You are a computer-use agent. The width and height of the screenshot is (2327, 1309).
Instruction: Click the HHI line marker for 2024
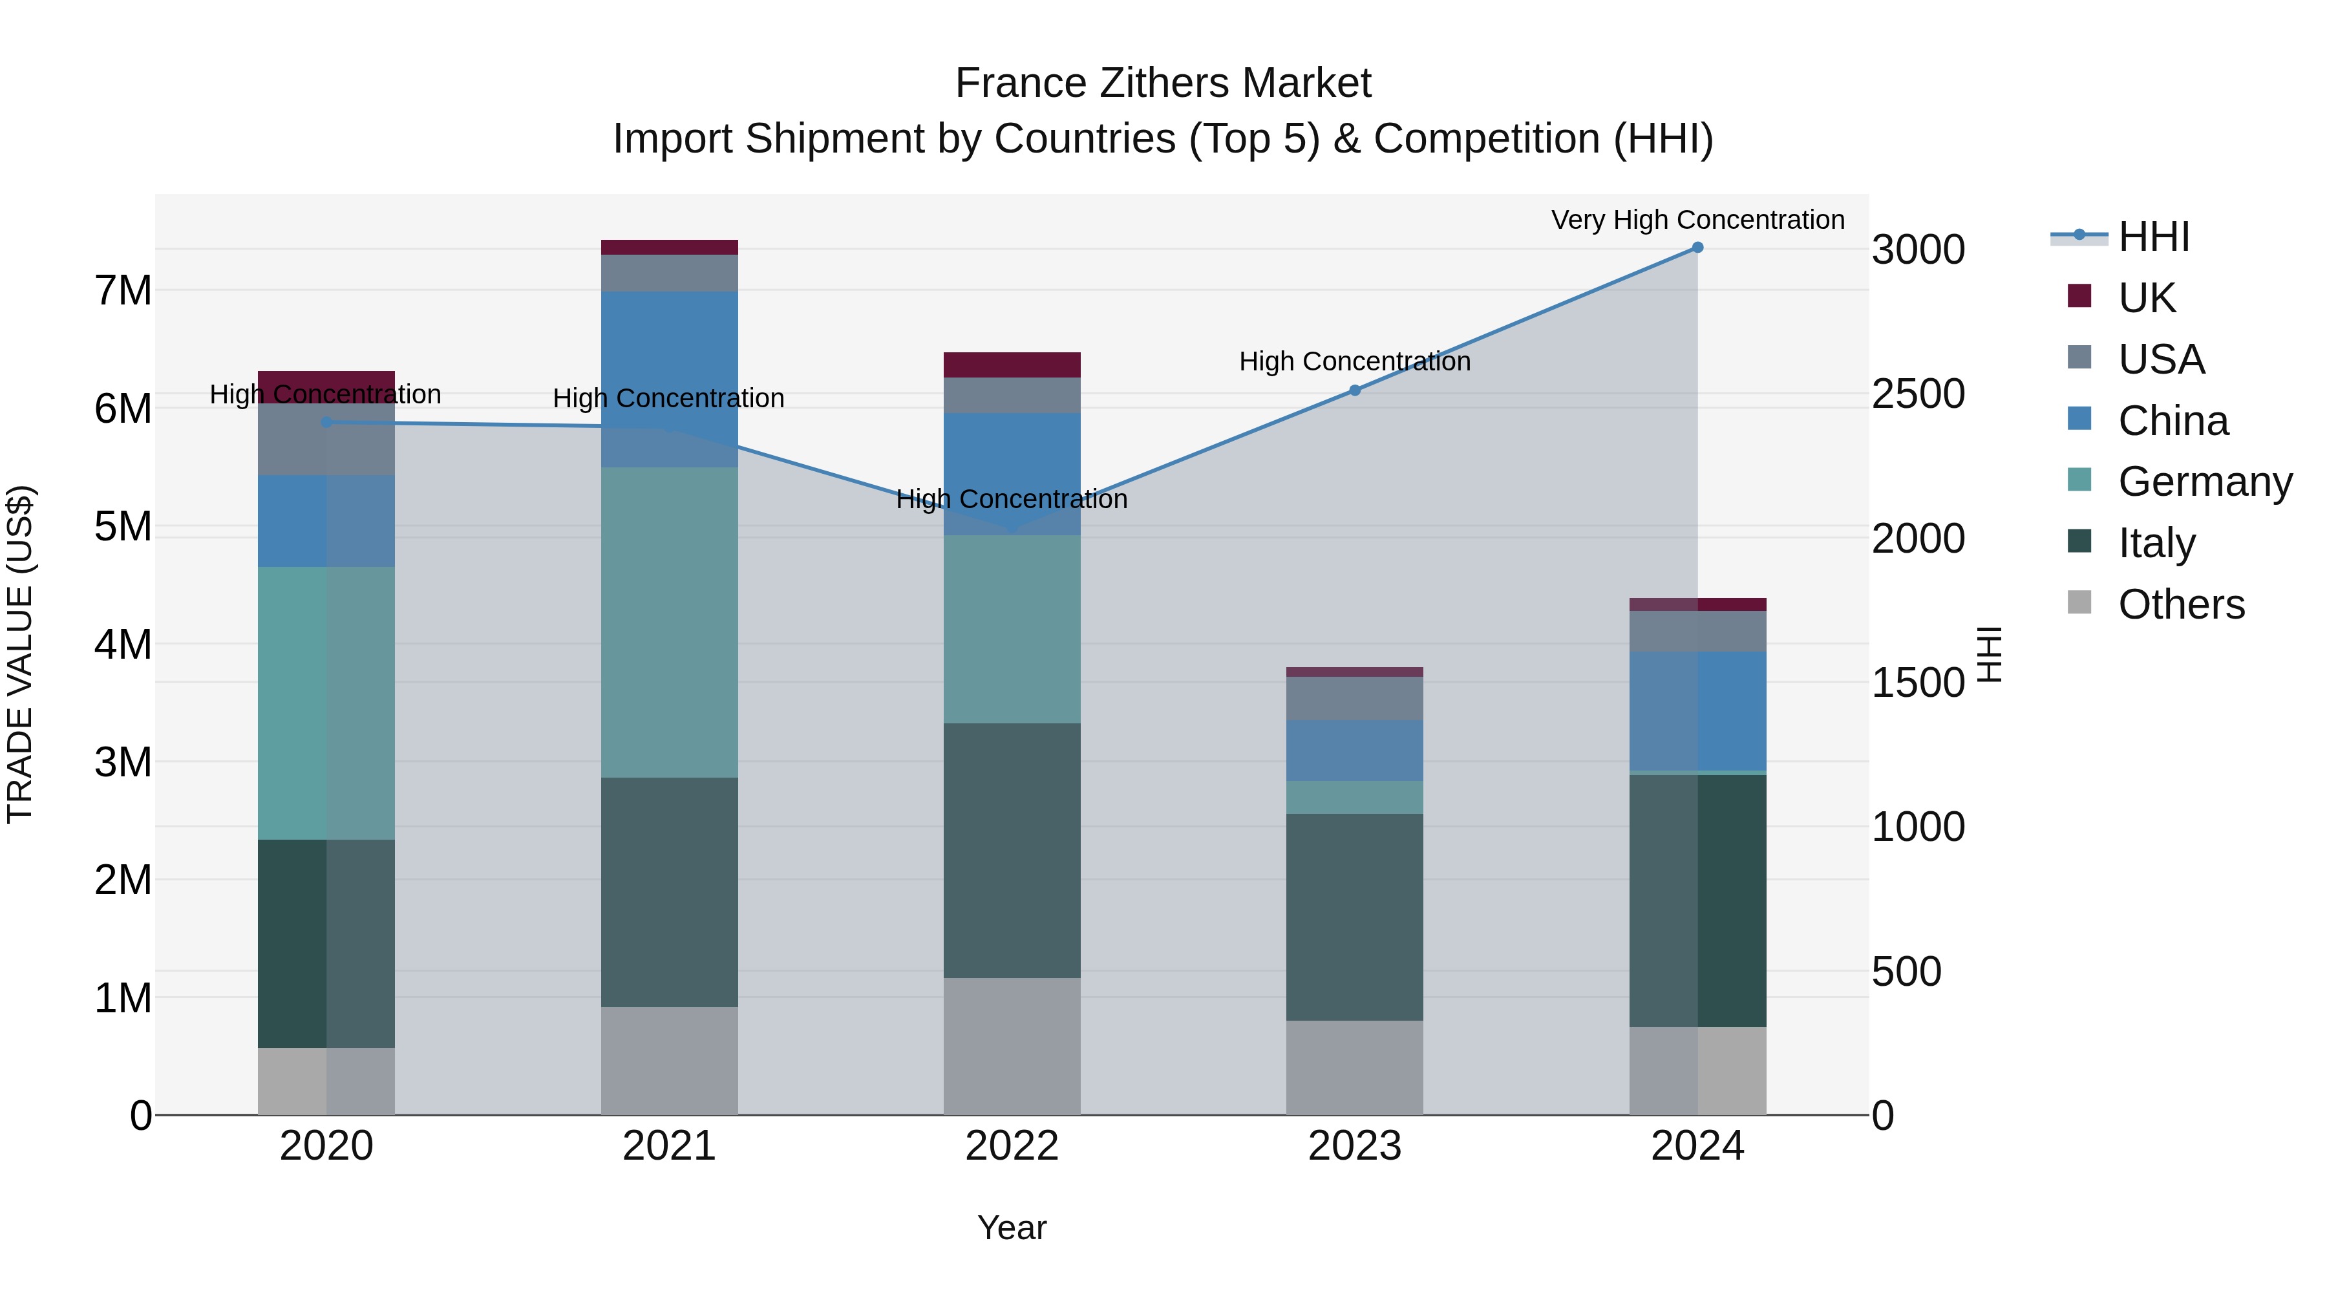click(x=1697, y=248)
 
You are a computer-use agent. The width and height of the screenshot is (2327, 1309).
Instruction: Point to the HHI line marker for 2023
click(x=1354, y=390)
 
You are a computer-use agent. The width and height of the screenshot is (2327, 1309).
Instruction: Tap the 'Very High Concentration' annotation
click(x=1697, y=220)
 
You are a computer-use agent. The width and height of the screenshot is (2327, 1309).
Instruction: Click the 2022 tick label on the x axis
click(x=1012, y=1146)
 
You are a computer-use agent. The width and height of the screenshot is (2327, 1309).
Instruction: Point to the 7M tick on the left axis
click(x=123, y=291)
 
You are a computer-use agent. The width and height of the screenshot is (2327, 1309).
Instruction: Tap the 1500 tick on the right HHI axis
click(x=1918, y=683)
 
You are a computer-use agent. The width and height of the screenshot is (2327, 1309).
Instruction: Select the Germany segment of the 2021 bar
click(x=670, y=623)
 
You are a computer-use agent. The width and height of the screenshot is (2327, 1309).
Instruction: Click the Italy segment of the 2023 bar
click(x=1354, y=917)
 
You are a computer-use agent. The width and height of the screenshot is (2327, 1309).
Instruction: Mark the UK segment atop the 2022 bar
click(x=1012, y=365)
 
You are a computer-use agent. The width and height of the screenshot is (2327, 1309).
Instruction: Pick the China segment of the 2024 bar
click(x=1697, y=711)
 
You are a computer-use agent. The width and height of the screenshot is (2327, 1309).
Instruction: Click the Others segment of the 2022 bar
click(x=1012, y=1046)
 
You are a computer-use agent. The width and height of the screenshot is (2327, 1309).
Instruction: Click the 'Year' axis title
click(x=1012, y=1228)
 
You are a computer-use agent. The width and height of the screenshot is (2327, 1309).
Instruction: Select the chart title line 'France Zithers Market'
click(x=1163, y=83)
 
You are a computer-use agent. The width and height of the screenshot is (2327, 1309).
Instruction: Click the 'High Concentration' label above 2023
click(x=1354, y=361)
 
